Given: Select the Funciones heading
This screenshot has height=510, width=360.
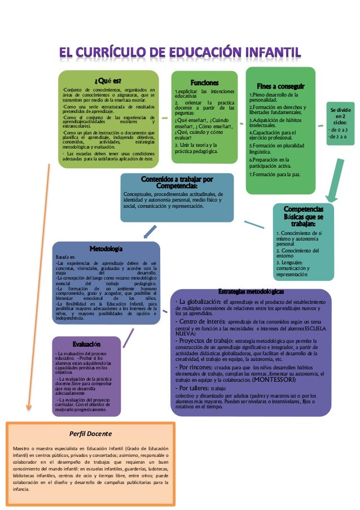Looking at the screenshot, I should [x=201, y=82].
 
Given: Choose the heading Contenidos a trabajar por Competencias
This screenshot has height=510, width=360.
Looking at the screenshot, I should [x=177, y=183].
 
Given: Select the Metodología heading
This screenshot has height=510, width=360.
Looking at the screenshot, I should [x=106, y=249].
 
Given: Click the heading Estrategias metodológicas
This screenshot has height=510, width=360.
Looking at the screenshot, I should [x=251, y=291].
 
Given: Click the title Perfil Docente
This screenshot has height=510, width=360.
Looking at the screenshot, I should [x=91, y=434].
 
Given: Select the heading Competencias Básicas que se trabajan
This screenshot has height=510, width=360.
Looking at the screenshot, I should [x=304, y=216].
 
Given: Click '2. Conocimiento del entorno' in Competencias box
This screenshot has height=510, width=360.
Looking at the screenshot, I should [x=298, y=254].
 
